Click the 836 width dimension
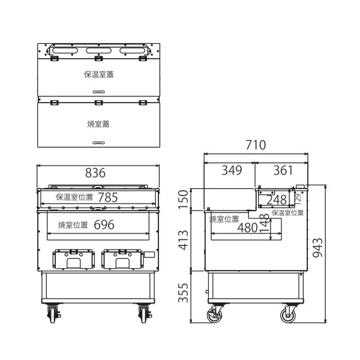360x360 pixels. [95, 173]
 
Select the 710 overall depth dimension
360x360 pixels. [256, 145]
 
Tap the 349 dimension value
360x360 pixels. [232, 170]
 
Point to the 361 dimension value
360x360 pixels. [283, 170]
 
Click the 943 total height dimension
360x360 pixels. [318, 247]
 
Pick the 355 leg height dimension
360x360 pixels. [183, 293]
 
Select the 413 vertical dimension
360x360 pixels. [183, 240]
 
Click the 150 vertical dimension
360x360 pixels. [183, 199]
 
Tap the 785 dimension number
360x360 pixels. [108, 197]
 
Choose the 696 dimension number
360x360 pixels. [104, 225]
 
